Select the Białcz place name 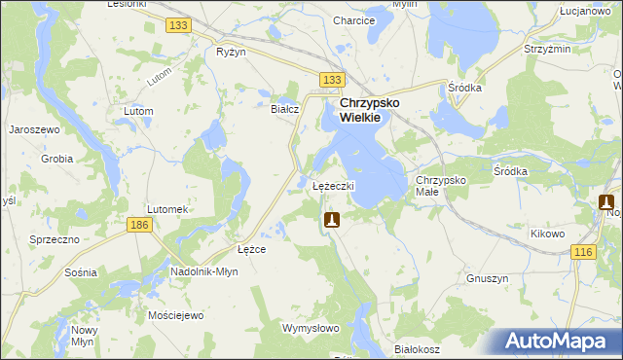tap(283, 109)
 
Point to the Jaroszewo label tap(35, 128)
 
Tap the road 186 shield tap(138, 225)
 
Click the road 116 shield tap(583, 252)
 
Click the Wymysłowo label tap(310, 328)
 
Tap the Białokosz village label tap(418, 347)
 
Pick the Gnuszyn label tap(489, 278)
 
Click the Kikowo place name tap(548, 234)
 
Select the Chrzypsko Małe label tap(442, 186)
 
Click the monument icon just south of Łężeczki tap(332, 221)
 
